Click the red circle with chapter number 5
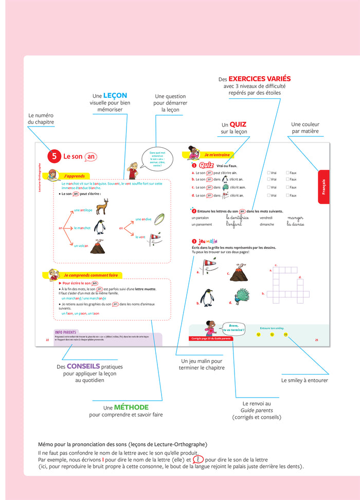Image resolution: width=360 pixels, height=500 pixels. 53,156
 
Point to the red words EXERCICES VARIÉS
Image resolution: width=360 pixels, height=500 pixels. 259,79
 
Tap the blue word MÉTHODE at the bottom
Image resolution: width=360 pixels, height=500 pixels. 131,406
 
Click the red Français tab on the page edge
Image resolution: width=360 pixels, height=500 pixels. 323,186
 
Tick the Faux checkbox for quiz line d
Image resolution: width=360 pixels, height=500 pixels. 287,195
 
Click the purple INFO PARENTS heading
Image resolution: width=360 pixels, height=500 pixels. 66,332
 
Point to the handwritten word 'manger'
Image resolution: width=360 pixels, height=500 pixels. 295,218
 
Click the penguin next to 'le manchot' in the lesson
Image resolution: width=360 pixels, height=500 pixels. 99,227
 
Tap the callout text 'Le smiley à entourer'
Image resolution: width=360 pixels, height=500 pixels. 304,381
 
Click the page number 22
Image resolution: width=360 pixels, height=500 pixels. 47,340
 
